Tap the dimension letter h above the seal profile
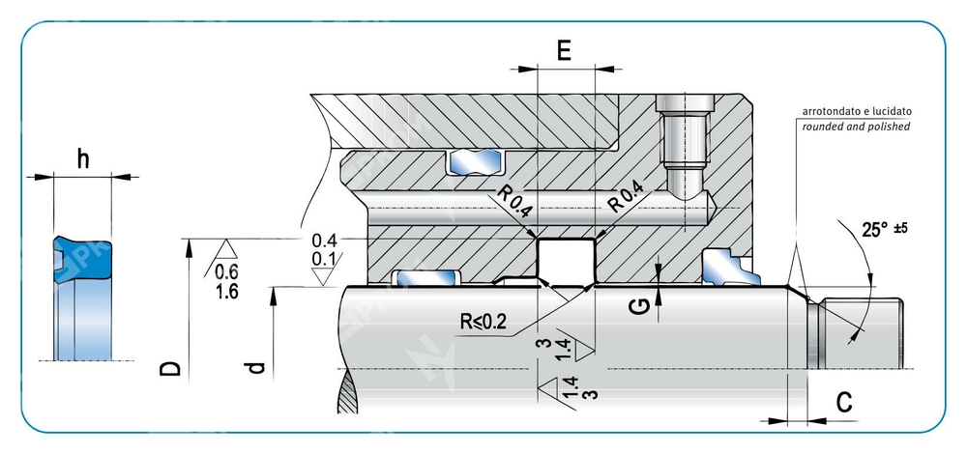(83, 160)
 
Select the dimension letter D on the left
(170, 369)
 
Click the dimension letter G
(637, 306)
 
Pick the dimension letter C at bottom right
(843, 403)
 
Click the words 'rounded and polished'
(856, 127)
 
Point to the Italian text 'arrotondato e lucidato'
(856, 111)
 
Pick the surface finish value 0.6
(227, 272)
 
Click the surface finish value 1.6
(228, 292)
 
